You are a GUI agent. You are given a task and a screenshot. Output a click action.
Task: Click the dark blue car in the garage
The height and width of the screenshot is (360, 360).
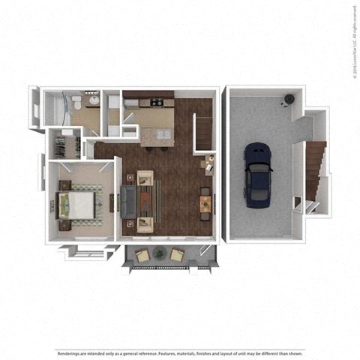tap(259, 175)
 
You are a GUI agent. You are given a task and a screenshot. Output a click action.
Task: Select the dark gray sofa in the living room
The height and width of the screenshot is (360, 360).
tap(128, 201)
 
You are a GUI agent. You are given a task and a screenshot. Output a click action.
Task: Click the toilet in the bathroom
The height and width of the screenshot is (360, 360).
tap(78, 103)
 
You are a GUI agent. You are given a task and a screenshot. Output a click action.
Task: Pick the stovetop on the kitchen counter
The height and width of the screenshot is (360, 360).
tap(156, 103)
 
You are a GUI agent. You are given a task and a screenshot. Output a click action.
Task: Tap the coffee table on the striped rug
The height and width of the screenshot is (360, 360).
tap(145, 201)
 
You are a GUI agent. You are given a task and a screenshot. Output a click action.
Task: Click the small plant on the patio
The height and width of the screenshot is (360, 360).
tap(159, 256)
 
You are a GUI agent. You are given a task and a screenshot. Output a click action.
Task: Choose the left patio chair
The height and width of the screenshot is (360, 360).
tap(142, 255)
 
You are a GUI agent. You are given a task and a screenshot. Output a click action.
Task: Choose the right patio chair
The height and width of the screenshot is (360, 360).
tap(177, 255)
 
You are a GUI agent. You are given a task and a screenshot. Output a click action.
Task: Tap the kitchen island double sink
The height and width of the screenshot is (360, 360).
tap(163, 135)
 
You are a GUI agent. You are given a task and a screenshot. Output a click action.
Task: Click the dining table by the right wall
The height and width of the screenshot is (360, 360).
tap(205, 202)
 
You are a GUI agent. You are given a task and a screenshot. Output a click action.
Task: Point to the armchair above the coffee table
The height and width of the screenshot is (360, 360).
tap(144, 178)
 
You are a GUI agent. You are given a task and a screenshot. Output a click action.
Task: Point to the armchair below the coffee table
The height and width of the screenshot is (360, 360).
tap(144, 224)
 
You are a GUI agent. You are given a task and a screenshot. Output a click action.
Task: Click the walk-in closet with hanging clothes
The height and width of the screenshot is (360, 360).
tap(66, 144)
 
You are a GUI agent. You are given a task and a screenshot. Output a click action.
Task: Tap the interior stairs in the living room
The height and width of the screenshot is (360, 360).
tap(205, 132)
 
